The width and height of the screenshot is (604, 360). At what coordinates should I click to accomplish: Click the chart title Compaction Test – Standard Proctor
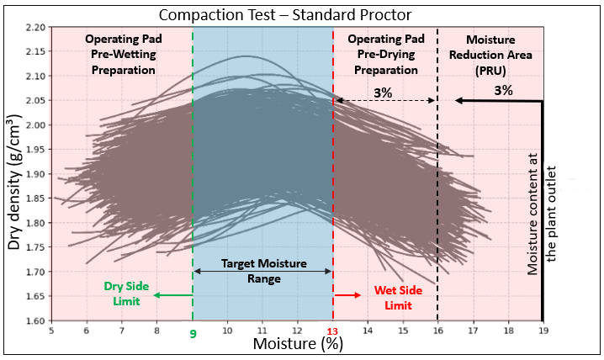click(x=285, y=15)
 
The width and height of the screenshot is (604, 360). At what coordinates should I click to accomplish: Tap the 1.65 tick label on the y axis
click(x=36, y=296)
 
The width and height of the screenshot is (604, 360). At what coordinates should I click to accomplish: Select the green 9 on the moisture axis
click(x=193, y=333)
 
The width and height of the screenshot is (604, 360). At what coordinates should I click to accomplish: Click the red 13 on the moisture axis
click(x=332, y=331)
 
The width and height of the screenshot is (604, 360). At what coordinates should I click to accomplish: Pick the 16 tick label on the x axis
click(x=438, y=331)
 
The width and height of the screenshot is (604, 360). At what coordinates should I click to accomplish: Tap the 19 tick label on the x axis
click(x=543, y=331)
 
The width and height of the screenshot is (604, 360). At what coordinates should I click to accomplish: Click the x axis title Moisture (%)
click(x=298, y=344)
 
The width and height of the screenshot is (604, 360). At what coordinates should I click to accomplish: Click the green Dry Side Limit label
click(x=126, y=294)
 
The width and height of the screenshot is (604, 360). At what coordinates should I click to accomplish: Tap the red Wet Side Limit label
click(x=398, y=298)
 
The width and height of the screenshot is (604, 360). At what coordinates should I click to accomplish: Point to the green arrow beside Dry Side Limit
click(x=173, y=295)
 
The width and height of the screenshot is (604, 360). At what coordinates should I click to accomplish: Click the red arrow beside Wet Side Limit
click(x=347, y=295)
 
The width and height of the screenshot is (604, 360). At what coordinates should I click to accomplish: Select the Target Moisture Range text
click(x=264, y=271)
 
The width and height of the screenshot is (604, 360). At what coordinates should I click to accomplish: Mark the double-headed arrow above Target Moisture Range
click(x=262, y=272)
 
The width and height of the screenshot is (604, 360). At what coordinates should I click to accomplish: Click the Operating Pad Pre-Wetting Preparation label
click(x=124, y=55)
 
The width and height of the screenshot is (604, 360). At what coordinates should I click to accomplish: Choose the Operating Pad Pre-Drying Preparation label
click(x=386, y=55)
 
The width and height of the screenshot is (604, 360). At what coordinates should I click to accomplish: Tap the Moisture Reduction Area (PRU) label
click(x=490, y=55)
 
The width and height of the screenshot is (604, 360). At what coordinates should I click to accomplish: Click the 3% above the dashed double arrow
click(x=383, y=93)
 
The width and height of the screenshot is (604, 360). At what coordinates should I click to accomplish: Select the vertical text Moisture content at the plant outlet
click(x=542, y=214)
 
